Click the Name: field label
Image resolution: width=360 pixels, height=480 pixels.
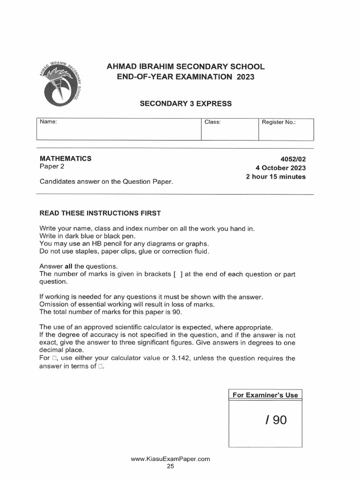pos(48,122)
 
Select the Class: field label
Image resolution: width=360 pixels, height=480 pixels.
pos(212,122)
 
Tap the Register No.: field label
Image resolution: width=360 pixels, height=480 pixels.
pos(278,122)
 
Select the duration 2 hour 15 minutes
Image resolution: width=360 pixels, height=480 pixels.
pos(276,177)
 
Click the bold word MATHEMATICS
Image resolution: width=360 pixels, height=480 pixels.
pos(65,158)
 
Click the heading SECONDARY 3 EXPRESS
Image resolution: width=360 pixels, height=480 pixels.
pos(186,103)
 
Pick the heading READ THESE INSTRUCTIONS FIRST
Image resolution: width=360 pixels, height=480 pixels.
pos(100,213)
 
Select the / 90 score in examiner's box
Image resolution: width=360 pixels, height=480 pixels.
pos(275,420)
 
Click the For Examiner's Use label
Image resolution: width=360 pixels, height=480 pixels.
pos(265,395)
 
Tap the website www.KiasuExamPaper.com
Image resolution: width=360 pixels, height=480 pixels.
pos(170,459)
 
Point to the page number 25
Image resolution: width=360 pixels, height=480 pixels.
pos(170,467)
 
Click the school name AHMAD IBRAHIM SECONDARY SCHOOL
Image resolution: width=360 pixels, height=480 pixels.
pos(186,67)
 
